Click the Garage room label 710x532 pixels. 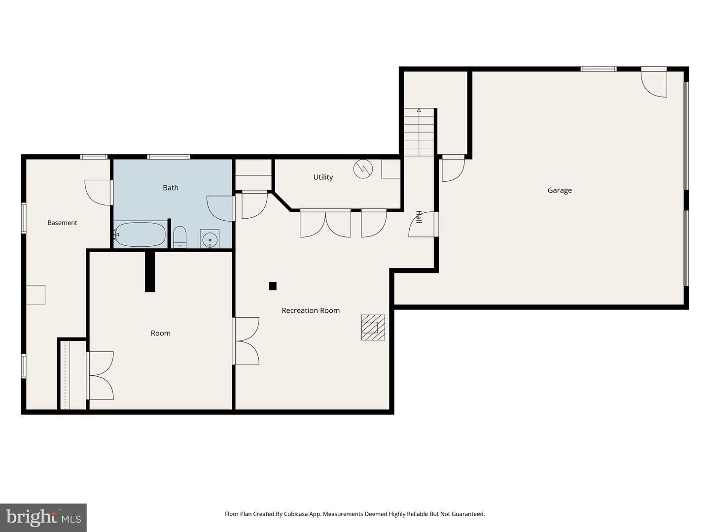coord(559,190)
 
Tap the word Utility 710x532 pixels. coord(323,177)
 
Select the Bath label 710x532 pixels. coord(171,188)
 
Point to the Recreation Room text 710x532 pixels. coord(311,310)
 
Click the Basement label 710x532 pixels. coord(62,223)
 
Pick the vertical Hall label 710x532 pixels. coord(419,217)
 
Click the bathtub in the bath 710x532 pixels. coord(140,234)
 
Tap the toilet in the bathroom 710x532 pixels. coord(179,237)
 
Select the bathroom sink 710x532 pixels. coord(210,239)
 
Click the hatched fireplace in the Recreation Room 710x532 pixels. coord(373,327)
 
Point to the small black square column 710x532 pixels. coord(272,286)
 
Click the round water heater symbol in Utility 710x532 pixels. coord(363,168)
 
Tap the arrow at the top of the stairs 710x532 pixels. coord(419,110)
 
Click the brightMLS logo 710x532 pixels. coord(43,517)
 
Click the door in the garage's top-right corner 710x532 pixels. coord(654,82)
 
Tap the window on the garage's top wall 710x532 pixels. coord(599,69)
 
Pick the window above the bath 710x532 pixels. coord(169,157)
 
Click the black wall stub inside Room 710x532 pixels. coord(150,271)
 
